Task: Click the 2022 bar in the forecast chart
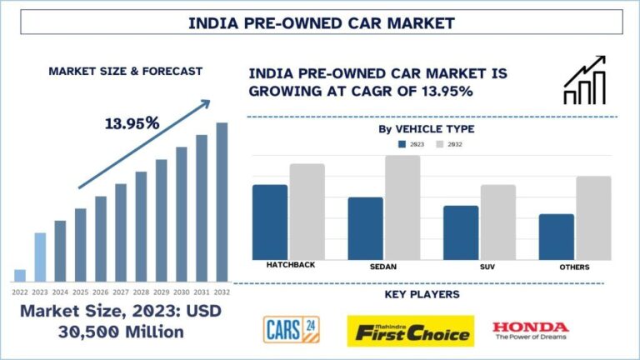tap(20, 275)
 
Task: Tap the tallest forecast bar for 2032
tap(222, 201)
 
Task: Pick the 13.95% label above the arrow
tap(132, 123)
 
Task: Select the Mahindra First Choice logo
tap(411, 331)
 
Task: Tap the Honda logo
tap(530, 331)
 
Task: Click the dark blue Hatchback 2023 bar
tap(270, 222)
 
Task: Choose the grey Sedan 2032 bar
tap(402, 207)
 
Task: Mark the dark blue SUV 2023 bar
tap(461, 232)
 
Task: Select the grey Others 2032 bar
tap(593, 217)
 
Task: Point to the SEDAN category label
tap(383, 267)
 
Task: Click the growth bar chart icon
tap(585, 80)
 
